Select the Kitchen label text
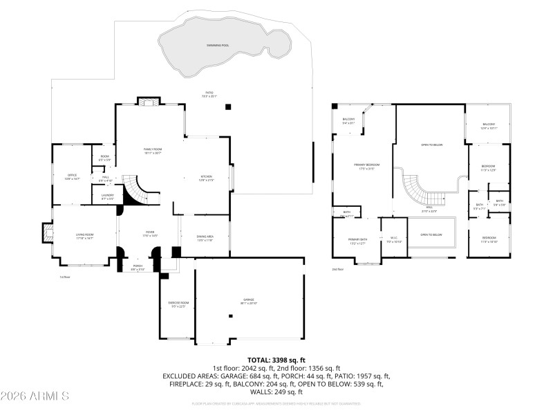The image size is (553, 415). coord(206,178)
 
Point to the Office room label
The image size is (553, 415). coord(73,177)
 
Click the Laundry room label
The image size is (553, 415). coord(107,197)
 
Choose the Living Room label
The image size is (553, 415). coord(84,237)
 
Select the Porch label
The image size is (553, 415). coord(138,267)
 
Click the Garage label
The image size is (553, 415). coord(249,302)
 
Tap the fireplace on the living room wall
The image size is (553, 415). coord(47,233)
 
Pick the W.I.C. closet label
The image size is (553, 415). coord(393,240)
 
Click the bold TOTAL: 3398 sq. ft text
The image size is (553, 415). coord(276,360)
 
